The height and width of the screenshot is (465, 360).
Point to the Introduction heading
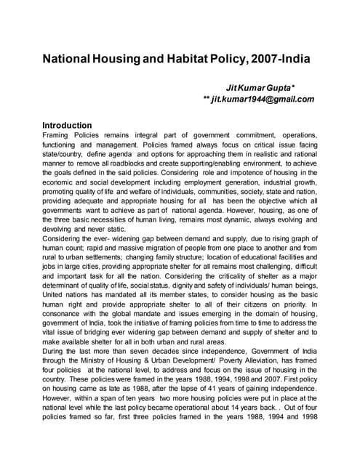(x=72, y=125)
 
